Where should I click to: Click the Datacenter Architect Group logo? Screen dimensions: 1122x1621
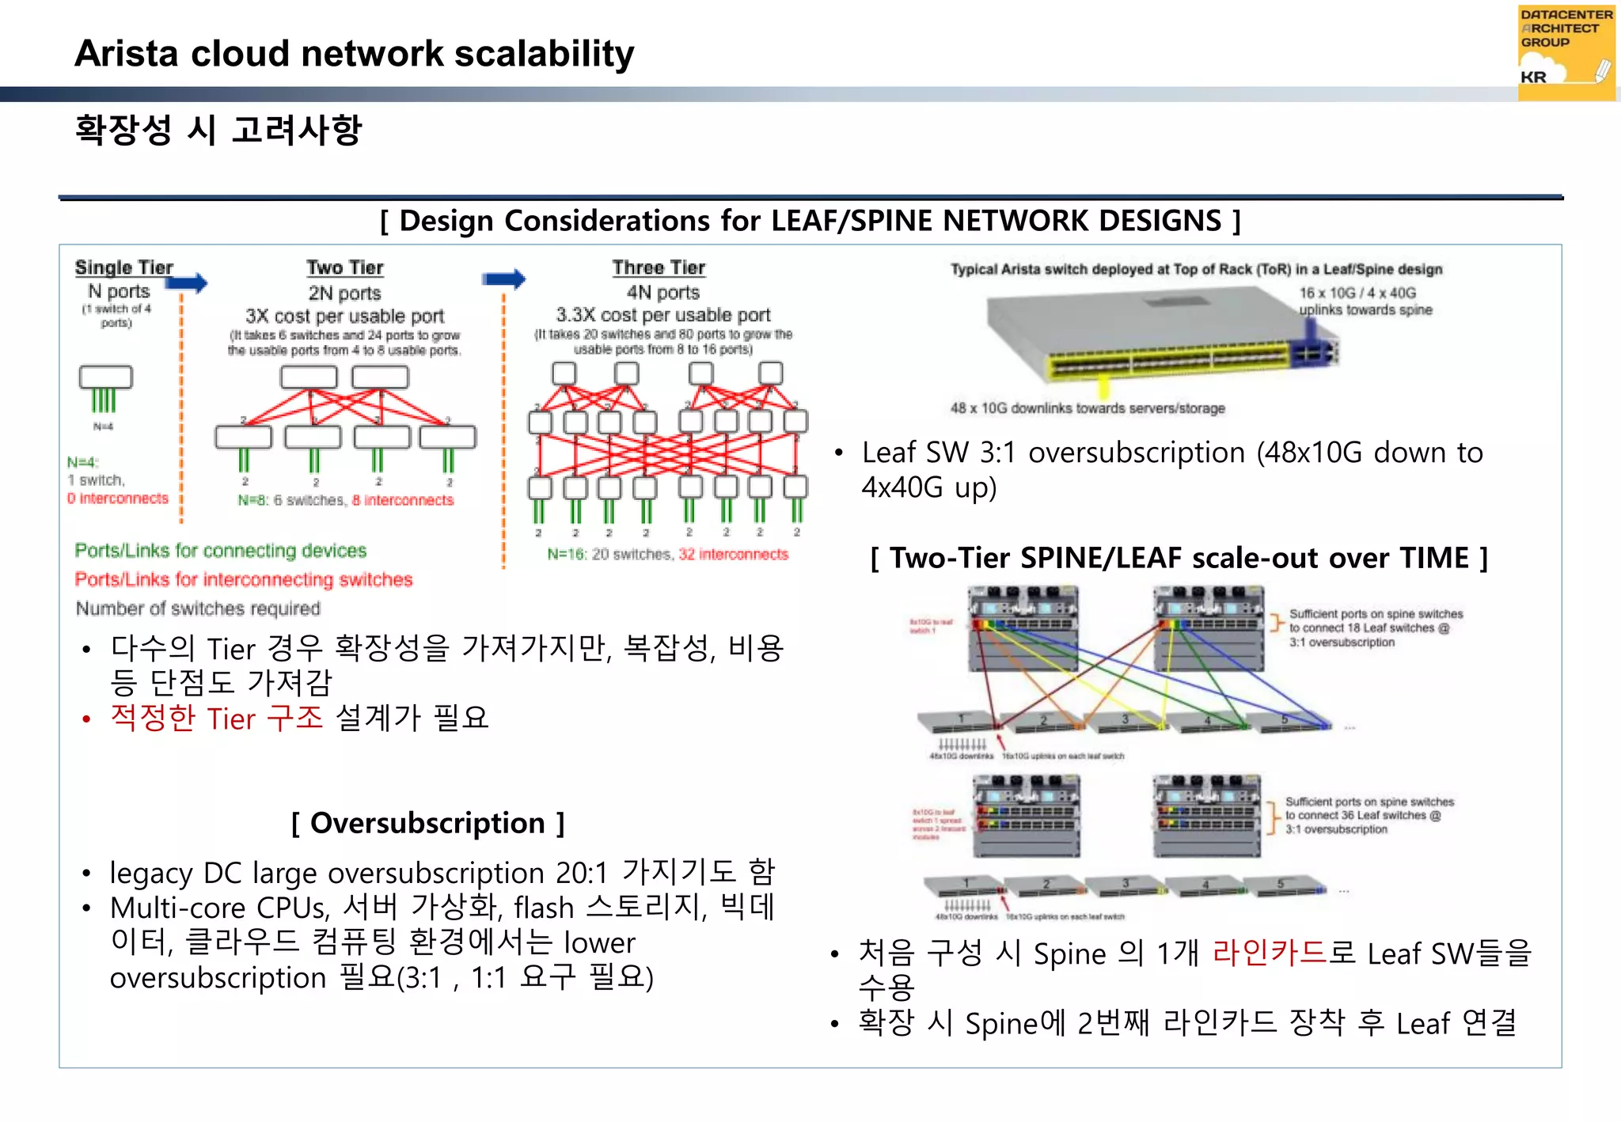pyautogui.click(x=1566, y=52)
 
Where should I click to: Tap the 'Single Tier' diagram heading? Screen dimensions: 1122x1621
pyautogui.click(x=123, y=267)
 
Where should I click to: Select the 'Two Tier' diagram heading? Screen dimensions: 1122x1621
pyautogui.click(x=345, y=267)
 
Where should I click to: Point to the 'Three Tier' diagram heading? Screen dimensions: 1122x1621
pyautogui.click(x=659, y=267)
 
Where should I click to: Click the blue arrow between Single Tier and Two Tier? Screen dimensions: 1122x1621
pyautogui.click(x=188, y=282)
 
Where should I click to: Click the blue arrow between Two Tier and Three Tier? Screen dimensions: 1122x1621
pyautogui.click(x=504, y=279)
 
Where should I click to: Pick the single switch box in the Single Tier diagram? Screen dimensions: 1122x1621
pyautogui.click(x=106, y=377)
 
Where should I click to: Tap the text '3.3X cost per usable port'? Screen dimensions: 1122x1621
pyautogui.click(x=663, y=315)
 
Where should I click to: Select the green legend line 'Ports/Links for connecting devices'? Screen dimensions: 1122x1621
pyautogui.click(x=221, y=551)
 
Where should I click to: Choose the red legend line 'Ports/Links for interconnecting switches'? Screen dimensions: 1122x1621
pyautogui.click(x=244, y=579)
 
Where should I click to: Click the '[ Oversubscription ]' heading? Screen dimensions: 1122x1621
pyautogui.click(x=427, y=823)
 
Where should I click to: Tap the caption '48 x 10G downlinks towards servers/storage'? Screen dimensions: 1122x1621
pyautogui.click(x=1088, y=408)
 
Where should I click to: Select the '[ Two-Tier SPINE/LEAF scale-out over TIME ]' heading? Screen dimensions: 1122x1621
pyautogui.click(x=1179, y=558)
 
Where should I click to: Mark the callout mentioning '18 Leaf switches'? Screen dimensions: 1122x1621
pyautogui.click(x=1376, y=628)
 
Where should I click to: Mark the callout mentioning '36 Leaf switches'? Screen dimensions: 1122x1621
pyautogui.click(x=1369, y=815)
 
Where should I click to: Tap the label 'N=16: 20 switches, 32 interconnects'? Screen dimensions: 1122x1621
pyautogui.click(x=668, y=554)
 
